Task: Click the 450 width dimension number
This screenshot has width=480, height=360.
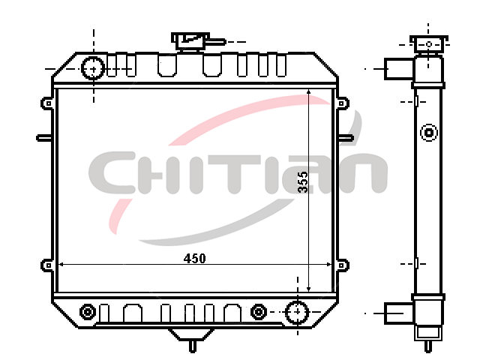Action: tap(195, 259)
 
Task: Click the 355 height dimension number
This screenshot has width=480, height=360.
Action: tap(303, 182)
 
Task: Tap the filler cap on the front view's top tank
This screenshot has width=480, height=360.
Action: tap(190, 41)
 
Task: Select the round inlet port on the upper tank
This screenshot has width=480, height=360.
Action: tap(93, 68)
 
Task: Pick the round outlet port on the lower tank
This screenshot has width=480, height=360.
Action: tap(297, 312)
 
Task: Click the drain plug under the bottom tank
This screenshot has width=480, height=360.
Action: tap(192, 340)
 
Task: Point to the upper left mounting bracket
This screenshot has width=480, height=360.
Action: tap(46, 103)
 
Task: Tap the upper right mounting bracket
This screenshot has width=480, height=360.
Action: tap(343, 103)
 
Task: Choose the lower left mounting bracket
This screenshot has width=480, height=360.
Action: tap(46, 265)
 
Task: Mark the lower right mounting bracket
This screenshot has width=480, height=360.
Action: tap(343, 265)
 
